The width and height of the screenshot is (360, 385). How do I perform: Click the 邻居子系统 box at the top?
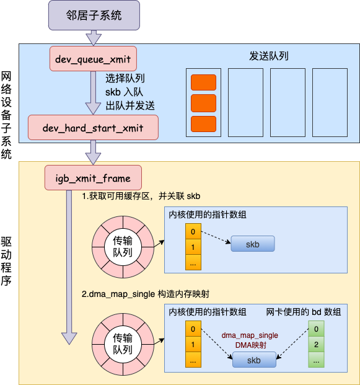pos(94,15)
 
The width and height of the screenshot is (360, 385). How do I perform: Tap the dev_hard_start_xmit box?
pos(93,128)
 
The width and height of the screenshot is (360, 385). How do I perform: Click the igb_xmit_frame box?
pos(94,178)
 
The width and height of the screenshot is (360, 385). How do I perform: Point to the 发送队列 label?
pos(268,56)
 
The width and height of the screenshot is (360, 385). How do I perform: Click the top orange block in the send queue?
pos(203,82)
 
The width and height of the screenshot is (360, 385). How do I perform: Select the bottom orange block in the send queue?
pos(203,123)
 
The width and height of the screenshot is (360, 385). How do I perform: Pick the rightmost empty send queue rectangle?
pos(330,102)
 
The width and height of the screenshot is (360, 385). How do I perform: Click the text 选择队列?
pos(125,78)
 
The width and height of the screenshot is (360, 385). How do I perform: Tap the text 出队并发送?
pos(130,105)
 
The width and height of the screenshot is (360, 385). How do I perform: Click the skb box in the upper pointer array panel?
pos(253,244)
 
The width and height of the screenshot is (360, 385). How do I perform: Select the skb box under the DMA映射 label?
pos(254,360)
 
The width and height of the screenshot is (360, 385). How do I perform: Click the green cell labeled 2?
pos(316,344)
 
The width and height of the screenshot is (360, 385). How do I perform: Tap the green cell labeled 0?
pos(316,329)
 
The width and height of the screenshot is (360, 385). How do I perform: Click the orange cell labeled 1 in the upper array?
pos(193,247)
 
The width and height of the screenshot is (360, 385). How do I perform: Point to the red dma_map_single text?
pos(250,335)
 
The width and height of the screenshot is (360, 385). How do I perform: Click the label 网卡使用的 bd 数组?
pos(304,312)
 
